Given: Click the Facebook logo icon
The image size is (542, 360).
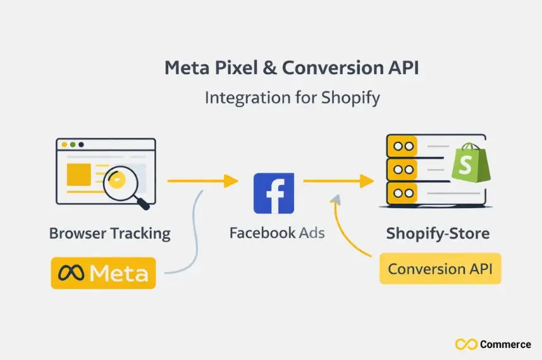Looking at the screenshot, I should (x=273, y=192).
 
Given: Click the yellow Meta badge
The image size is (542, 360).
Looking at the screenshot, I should (x=103, y=273).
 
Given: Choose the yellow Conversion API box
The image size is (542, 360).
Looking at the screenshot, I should (x=440, y=269).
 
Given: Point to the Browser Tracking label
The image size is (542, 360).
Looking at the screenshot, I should (x=110, y=233).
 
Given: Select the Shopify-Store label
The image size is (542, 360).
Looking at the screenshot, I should (x=438, y=233).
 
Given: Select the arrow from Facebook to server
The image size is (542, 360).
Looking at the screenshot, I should (x=338, y=181).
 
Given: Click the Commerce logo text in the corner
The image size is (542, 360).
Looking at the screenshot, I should (x=505, y=344).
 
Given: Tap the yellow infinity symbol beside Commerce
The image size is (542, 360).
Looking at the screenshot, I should (x=465, y=344).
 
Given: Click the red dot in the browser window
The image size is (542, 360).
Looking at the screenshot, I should (x=63, y=144).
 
